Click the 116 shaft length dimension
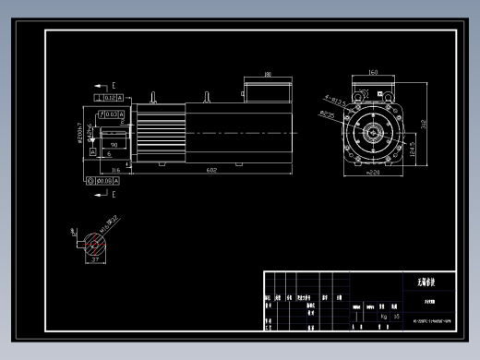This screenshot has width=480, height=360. pos(115,170)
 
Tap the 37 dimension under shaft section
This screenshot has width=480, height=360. pos(94,259)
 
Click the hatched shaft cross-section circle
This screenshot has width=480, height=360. pos(93,243)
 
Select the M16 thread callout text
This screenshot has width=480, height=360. pos(113,223)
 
